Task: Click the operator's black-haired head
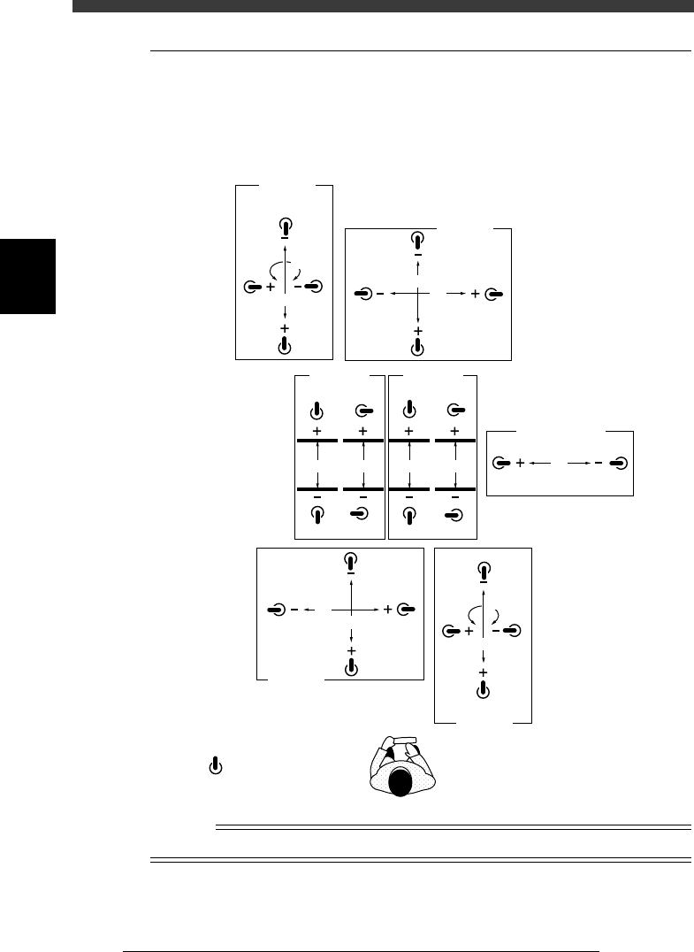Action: point(401,781)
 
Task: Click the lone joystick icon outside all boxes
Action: point(213,766)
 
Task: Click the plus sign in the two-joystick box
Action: point(521,462)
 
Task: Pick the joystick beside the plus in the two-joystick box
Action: point(502,462)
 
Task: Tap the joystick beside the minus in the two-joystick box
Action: point(622,462)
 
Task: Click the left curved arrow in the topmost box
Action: point(273,269)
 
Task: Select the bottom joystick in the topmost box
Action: point(285,345)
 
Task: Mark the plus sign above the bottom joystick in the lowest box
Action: point(483,673)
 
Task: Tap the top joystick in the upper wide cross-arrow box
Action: point(417,239)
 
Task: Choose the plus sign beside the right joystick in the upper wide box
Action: point(476,293)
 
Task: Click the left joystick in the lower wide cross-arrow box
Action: point(277,609)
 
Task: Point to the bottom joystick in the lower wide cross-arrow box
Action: point(352,665)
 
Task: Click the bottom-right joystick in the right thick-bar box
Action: point(454,514)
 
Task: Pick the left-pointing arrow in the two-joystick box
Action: point(541,462)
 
